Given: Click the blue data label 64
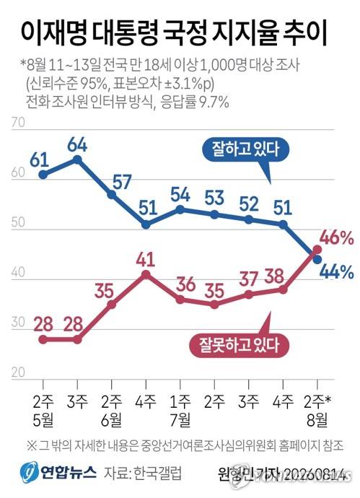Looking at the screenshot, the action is pos(77,145).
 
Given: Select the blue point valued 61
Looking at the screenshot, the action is pos(43,175).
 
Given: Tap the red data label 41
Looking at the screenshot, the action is pos(146,260).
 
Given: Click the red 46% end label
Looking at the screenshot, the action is pos(336,238).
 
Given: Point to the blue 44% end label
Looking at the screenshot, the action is pos(337,272).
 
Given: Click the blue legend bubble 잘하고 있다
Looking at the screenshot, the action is pos(246,149).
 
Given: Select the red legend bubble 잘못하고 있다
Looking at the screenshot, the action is pos(239,345).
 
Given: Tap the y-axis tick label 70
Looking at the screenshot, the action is pos(18,122).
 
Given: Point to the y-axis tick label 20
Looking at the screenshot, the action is pos(18,372).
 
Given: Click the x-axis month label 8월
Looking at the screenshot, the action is pos(317,420).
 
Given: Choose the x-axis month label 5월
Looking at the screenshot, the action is pos(43,420).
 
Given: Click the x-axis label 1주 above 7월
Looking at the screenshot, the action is pos(180,402).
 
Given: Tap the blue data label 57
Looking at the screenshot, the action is pos(122,182).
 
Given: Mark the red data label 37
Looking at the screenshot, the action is pos(248,279).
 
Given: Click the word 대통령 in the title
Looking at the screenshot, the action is pos(126,34).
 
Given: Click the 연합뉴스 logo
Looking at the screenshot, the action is pos(58,473).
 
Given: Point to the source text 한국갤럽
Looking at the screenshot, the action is pos(157,473).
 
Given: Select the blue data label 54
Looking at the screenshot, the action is pos(180,195).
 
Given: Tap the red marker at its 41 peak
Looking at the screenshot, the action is pos(146,274).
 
